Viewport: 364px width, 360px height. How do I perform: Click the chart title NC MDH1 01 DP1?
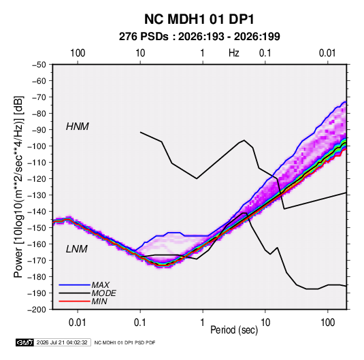(x=199, y=19)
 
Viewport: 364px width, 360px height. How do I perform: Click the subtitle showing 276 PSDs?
(x=199, y=37)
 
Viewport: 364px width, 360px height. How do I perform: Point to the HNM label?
(x=78, y=127)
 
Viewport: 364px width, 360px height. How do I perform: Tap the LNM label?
(x=77, y=249)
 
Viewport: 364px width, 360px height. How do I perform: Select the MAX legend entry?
(x=100, y=285)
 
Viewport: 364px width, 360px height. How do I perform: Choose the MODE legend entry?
(x=104, y=293)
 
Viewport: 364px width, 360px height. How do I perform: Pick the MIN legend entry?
(x=99, y=301)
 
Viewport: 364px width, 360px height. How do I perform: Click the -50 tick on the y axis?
(x=39, y=65)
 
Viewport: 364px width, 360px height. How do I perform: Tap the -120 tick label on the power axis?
(x=37, y=178)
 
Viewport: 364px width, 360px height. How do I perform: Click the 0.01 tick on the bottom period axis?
(x=78, y=323)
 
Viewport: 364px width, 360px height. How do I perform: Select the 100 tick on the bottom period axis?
(x=327, y=323)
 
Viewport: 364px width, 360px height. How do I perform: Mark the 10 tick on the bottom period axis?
(x=265, y=323)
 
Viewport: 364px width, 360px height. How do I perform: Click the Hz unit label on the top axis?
(x=234, y=53)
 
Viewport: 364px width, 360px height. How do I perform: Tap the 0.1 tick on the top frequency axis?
(x=265, y=53)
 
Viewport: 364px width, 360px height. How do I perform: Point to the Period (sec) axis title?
(x=234, y=330)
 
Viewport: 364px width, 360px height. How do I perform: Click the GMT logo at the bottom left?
(x=25, y=342)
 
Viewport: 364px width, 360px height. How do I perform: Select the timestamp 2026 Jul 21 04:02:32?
(x=62, y=342)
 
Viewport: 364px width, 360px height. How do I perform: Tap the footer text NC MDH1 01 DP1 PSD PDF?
(x=125, y=342)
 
